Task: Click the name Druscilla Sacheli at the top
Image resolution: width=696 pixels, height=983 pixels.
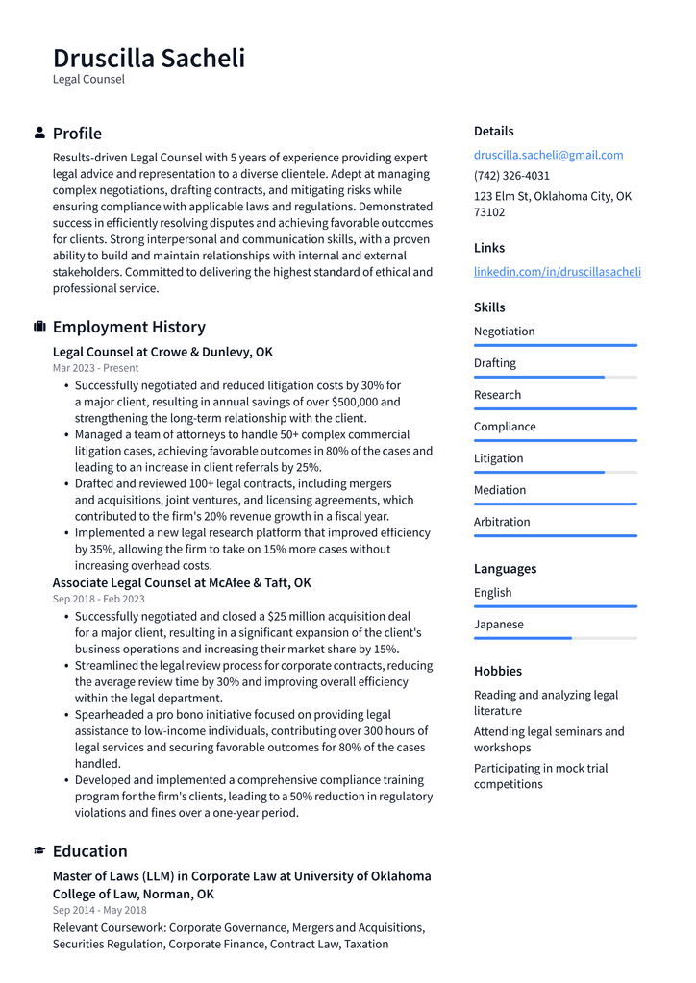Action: tap(149, 58)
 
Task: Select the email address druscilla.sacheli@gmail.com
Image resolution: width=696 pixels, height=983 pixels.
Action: tap(548, 155)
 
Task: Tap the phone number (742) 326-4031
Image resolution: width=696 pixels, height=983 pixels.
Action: tap(511, 176)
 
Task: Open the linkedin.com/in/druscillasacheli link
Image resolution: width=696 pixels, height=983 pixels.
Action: tap(557, 272)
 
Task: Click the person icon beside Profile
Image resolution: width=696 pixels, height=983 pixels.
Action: tap(39, 133)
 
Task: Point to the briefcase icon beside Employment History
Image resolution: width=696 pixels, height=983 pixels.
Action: tap(39, 327)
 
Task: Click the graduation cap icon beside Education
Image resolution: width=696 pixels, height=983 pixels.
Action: tap(39, 850)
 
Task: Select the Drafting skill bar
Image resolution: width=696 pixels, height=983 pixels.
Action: tap(555, 377)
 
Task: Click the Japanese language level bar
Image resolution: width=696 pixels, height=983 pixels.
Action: tap(555, 638)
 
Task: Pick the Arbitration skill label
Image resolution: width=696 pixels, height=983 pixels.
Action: tap(502, 522)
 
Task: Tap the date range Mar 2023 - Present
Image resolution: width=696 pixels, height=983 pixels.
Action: tap(95, 368)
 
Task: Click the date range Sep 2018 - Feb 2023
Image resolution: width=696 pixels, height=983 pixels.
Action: tap(98, 599)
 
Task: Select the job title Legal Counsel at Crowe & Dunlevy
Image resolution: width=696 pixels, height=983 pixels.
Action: tap(162, 352)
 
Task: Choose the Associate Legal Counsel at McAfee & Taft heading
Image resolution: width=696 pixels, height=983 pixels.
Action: tap(182, 582)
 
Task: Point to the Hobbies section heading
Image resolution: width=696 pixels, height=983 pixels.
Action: tap(498, 671)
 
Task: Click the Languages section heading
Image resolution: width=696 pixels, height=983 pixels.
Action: tap(505, 569)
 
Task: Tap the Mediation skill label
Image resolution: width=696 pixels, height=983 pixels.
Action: tap(500, 490)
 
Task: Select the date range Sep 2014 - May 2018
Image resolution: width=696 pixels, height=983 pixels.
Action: tap(100, 910)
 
